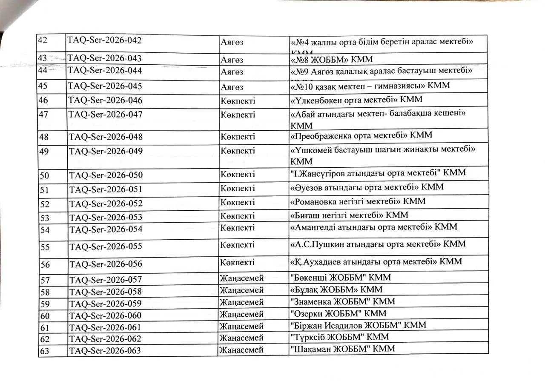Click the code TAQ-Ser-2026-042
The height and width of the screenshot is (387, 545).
(x=104, y=41)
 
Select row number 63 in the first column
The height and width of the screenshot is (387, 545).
(x=44, y=351)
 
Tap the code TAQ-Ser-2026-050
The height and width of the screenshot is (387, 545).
(x=106, y=175)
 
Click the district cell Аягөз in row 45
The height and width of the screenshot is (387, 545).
(x=232, y=87)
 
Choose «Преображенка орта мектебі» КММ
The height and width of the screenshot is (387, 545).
(x=361, y=135)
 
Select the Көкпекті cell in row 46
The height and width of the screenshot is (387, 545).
(x=238, y=100)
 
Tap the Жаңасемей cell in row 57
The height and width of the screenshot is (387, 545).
(x=241, y=278)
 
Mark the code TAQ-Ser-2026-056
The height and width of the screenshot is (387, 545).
(x=106, y=264)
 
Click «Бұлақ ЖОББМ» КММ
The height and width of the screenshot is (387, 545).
(x=336, y=290)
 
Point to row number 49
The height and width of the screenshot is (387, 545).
(x=43, y=152)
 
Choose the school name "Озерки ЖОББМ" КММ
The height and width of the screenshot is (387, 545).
(x=338, y=314)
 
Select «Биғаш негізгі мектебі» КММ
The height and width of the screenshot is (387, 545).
(x=349, y=215)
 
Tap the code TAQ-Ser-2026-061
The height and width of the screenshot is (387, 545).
(x=105, y=327)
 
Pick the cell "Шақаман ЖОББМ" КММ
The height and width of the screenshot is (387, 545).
(x=342, y=349)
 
